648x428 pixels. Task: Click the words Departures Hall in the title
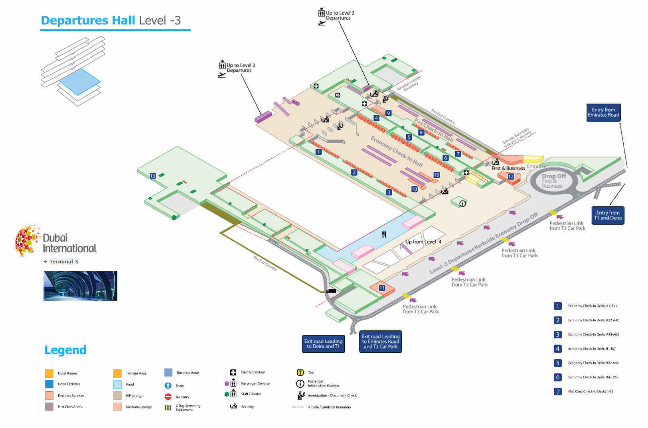click(x=88, y=20)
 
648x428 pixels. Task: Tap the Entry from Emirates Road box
click(x=603, y=112)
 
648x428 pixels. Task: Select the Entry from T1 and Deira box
click(x=608, y=215)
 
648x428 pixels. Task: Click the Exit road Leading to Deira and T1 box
click(x=323, y=344)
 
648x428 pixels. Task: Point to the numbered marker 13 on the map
click(x=152, y=176)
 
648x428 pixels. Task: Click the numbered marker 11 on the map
click(x=382, y=288)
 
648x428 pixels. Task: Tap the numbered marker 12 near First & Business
click(x=511, y=177)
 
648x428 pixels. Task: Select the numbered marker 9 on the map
click(x=388, y=113)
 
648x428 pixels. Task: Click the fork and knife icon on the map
click(x=384, y=234)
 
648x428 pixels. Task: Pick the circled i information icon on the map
click(x=462, y=204)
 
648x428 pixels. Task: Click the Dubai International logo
click(x=56, y=241)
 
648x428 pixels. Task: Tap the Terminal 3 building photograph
click(x=80, y=286)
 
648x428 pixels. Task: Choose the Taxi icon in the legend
click(x=300, y=373)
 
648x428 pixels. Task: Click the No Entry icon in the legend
click(x=168, y=397)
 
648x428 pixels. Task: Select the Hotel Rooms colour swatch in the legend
click(x=49, y=373)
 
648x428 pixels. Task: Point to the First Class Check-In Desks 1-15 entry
click(x=591, y=391)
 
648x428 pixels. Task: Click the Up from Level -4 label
click(x=423, y=241)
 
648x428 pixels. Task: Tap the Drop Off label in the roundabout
click(x=554, y=176)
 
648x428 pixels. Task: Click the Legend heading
click(x=65, y=350)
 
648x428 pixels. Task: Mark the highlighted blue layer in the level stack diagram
click(x=79, y=81)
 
